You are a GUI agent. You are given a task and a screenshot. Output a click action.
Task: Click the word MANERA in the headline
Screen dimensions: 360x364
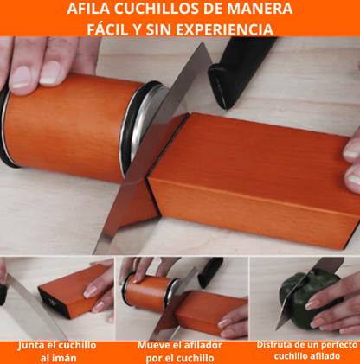point(260,9)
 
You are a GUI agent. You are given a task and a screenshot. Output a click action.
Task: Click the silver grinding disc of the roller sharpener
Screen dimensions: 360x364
point(145,124)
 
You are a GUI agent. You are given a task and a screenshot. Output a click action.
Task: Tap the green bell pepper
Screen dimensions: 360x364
point(310,298)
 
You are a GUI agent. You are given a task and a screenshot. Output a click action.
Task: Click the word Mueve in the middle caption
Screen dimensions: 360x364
point(152,345)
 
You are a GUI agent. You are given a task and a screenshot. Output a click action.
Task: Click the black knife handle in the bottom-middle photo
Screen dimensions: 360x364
point(210,271)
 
